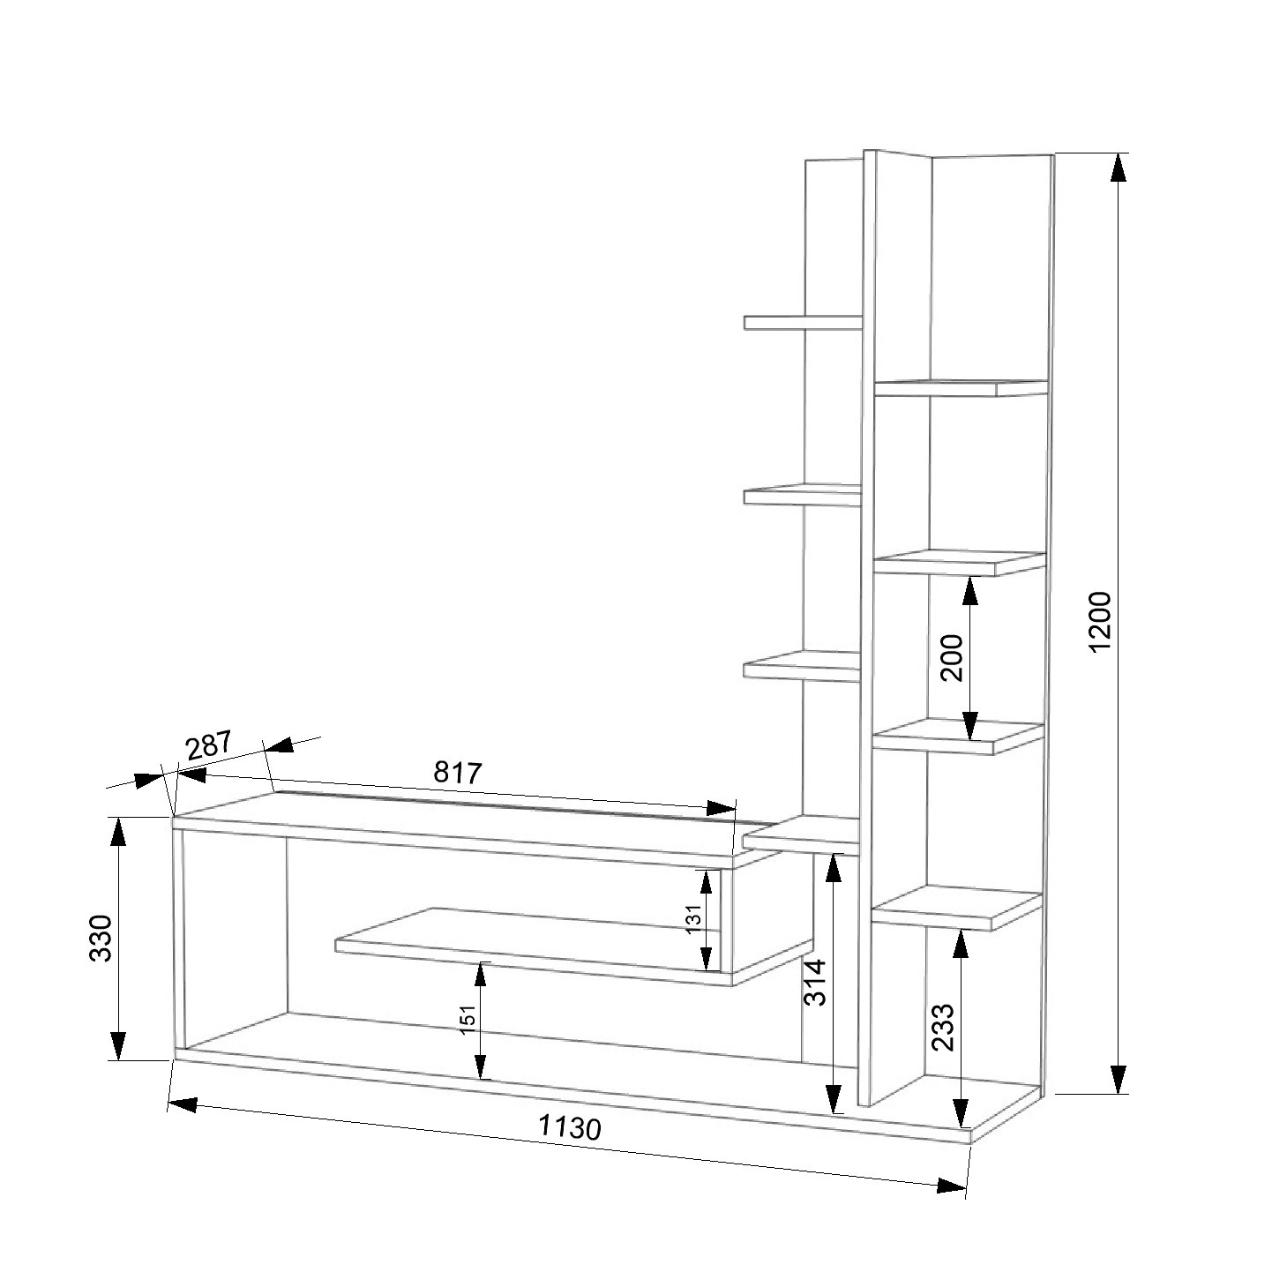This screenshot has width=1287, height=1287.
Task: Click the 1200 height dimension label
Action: pos(1099,622)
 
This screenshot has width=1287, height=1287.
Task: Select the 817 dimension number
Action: pos(458,773)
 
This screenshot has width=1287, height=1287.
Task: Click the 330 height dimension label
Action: pos(101,938)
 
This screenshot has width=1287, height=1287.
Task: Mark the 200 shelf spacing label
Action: pos(952,657)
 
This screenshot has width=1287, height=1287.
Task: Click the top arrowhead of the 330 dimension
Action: pos(117,833)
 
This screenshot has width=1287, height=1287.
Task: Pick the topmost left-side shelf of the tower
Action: pos(803,323)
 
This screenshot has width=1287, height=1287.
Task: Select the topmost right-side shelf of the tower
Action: pos(962,388)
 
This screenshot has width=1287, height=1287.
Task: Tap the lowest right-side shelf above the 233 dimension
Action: pos(956,908)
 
